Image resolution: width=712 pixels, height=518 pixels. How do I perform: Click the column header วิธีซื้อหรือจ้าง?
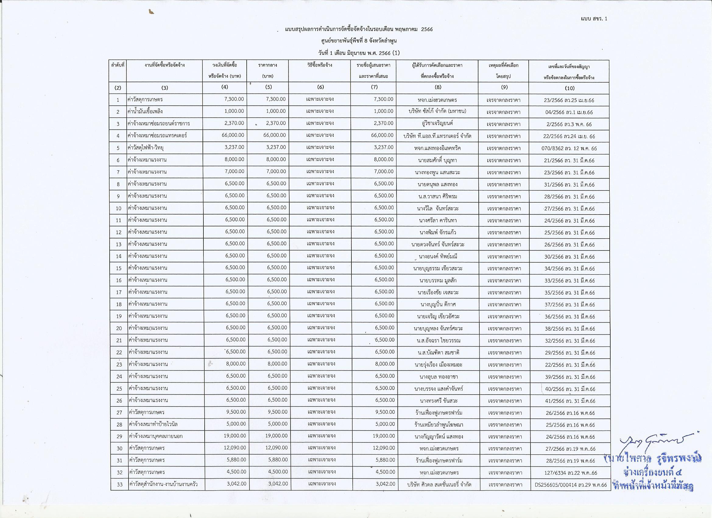coord(320,65)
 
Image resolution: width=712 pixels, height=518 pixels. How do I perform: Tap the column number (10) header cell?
coord(569,88)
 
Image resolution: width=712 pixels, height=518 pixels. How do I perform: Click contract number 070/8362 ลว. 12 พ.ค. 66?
coord(569,148)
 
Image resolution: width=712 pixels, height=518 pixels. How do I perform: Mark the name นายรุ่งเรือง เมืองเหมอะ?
coord(438,365)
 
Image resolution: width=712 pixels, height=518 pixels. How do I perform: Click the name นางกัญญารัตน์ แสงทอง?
coord(439,437)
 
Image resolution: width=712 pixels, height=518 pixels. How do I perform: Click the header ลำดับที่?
coord(118,65)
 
